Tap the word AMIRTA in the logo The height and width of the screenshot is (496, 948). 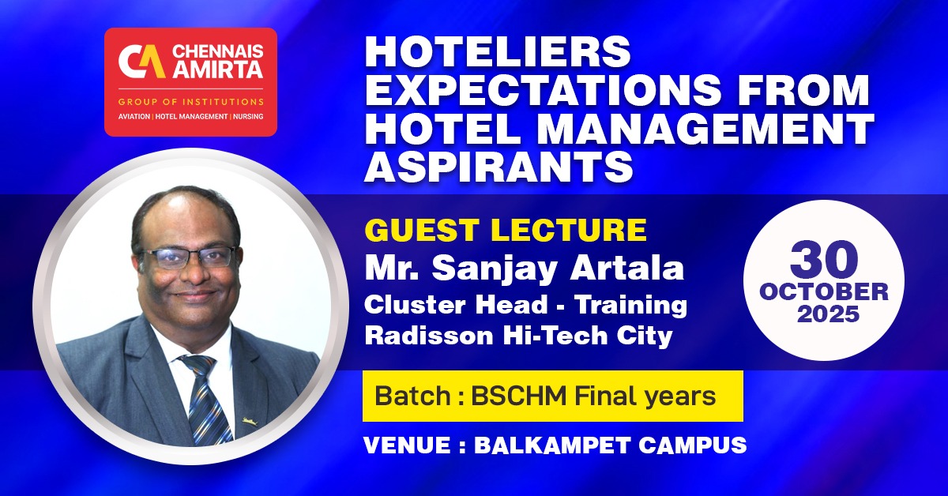pos(215,73)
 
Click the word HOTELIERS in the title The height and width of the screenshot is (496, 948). pos(498,54)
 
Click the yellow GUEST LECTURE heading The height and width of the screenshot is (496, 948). pos(506,231)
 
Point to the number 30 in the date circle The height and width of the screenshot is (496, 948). pos(823,260)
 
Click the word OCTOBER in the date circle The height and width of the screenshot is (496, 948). pos(823,291)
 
